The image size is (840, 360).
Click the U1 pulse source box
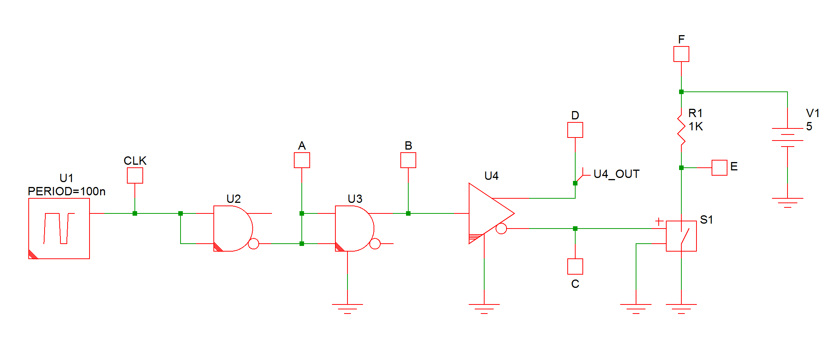[x=59, y=229]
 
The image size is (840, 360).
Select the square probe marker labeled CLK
[x=135, y=176]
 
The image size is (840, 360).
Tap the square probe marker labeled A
[x=302, y=160]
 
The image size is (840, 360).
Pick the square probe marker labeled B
[x=408, y=160]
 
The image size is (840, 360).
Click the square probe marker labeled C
[x=575, y=266]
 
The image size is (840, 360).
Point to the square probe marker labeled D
[x=575, y=130]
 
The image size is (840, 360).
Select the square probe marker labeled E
[x=720, y=168]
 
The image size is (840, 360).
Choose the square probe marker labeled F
[x=681, y=54]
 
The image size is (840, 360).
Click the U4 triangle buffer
[x=487, y=213]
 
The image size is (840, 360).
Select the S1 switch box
[x=681, y=236]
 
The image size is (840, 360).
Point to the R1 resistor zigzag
[x=681, y=130]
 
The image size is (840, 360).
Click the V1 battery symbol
[x=787, y=138]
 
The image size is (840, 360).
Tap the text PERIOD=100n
[x=66, y=192]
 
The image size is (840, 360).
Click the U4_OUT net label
[x=616, y=174]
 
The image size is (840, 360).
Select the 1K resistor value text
[x=696, y=127]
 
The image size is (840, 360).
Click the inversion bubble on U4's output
[x=501, y=229]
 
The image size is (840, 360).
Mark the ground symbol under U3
[x=347, y=308]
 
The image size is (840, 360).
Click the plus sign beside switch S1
[x=659, y=222]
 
